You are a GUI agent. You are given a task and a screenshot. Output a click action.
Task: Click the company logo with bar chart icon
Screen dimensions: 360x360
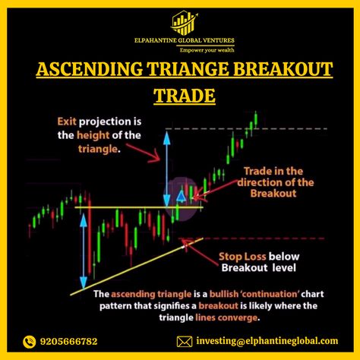pyautogui.click(x=184, y=23)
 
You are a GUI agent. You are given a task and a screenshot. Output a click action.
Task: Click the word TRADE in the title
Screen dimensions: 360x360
pyautogui.click(x=185, y=96)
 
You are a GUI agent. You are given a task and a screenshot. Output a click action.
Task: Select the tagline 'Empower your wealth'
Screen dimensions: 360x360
pyautogui.click(x=207, y=50)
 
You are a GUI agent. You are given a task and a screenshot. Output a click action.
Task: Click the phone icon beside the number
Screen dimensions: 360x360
pyautogui.click(x=29, y=342)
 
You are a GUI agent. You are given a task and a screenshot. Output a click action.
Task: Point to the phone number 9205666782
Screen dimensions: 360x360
pyautogui.click(x=68, y=342)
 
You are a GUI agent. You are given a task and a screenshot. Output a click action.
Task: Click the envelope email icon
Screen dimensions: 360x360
pyautogui.click(x=185, y=342)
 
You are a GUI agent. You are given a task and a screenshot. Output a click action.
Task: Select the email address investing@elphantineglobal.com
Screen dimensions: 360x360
pyautogui.click(x=267, y=341)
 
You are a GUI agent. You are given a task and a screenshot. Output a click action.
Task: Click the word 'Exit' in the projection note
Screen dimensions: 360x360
pyautogui.click(x=67, y=122)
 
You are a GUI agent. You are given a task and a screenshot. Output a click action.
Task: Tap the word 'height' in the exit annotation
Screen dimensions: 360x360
pyautogui.click(x=93, y=135)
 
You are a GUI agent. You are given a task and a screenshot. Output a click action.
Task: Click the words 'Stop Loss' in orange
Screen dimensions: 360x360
pyautogui.click(x=242, y=257)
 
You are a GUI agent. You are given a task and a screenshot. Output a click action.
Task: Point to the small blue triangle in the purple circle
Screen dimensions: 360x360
pyautogui.click(x=181, y=197)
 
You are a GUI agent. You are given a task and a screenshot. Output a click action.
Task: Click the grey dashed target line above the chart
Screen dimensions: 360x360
pyautogui.click(x=246, y=129)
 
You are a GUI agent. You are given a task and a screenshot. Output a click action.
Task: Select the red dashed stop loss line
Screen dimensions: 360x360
pyautogui.click(x=251, y=238)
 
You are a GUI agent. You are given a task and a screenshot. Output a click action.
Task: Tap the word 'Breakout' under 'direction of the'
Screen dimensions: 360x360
pyautogui.click(x=273, y=194)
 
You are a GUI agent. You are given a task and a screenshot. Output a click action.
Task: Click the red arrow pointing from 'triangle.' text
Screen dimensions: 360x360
pyautogui.click(x=144, y=153)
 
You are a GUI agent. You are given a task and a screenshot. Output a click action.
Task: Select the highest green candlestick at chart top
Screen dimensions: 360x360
pyautogui.click(x=256, y=120)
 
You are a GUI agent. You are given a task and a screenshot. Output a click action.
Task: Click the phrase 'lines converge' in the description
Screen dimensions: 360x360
pyautogui.click(x=226, y=317)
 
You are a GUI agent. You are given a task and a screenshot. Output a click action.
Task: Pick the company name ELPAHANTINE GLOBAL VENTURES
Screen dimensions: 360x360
pyautogui.click(x=185, y=40)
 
